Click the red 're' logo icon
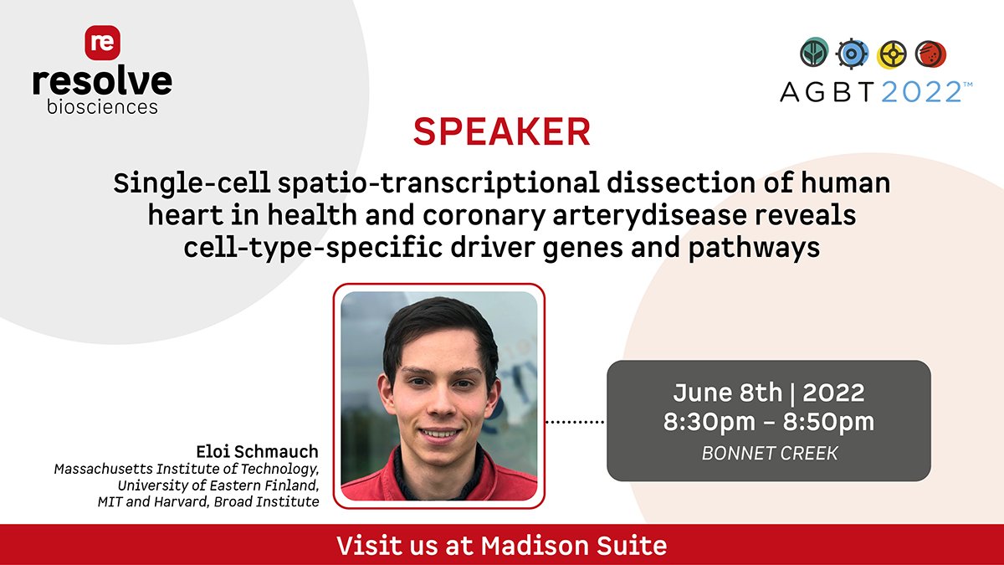[x=102, y=43]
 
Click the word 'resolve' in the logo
[x=102, y=82]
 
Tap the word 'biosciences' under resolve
[x=102, y=107]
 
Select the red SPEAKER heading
[x=501, y=132]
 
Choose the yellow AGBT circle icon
[x=892, y=54]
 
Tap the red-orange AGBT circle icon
[x=930, y=54]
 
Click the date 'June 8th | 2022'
[x=768, y=392]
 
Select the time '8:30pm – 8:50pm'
[x=768, y=422]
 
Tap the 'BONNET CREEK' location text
[x=768, y=453]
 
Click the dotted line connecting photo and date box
[x=575, y=421]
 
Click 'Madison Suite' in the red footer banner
[x=574, y=546]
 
